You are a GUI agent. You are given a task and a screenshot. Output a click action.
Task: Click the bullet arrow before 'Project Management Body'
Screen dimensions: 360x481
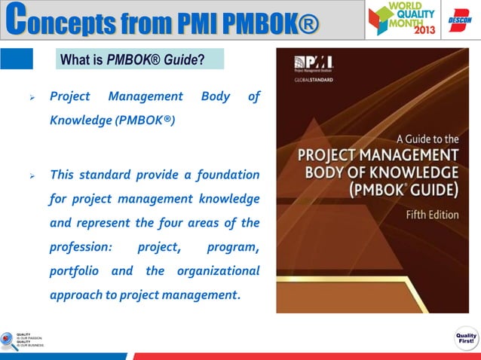(32, 97)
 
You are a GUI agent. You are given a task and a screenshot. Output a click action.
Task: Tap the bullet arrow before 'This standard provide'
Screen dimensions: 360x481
(32, 176)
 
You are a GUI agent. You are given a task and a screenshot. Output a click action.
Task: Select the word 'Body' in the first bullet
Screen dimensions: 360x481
(216, 96)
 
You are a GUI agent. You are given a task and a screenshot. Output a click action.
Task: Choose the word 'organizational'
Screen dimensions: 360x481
(218, 270)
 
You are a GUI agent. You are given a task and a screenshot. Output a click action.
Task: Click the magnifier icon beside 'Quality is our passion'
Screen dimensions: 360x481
(9, 340)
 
